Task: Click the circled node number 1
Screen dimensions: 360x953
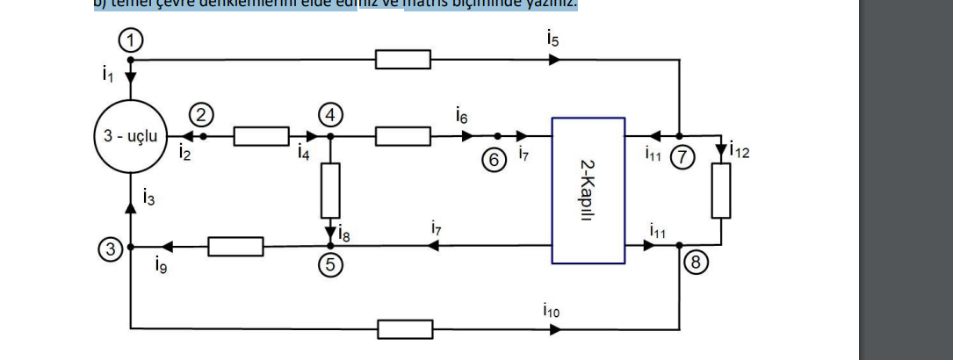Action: click(x=130, y=40)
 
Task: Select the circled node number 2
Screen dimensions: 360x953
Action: click(x=202, y=114)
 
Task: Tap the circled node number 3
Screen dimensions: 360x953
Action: click(x=109, y=249)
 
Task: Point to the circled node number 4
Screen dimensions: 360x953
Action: click(x=330, y=114)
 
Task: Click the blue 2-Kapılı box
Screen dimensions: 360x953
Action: click(x=588, y=190)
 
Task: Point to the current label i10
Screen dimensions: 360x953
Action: click(x=551, y=310)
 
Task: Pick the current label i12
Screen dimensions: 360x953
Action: click(x=740, y=152)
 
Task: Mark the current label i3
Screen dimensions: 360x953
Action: click(x=148, y=199)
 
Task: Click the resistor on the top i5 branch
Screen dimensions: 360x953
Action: click(x=403, y=60)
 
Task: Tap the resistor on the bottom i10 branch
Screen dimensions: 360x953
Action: click(x=405, y=329)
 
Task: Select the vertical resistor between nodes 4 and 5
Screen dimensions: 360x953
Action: click(x=330, y=191)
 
